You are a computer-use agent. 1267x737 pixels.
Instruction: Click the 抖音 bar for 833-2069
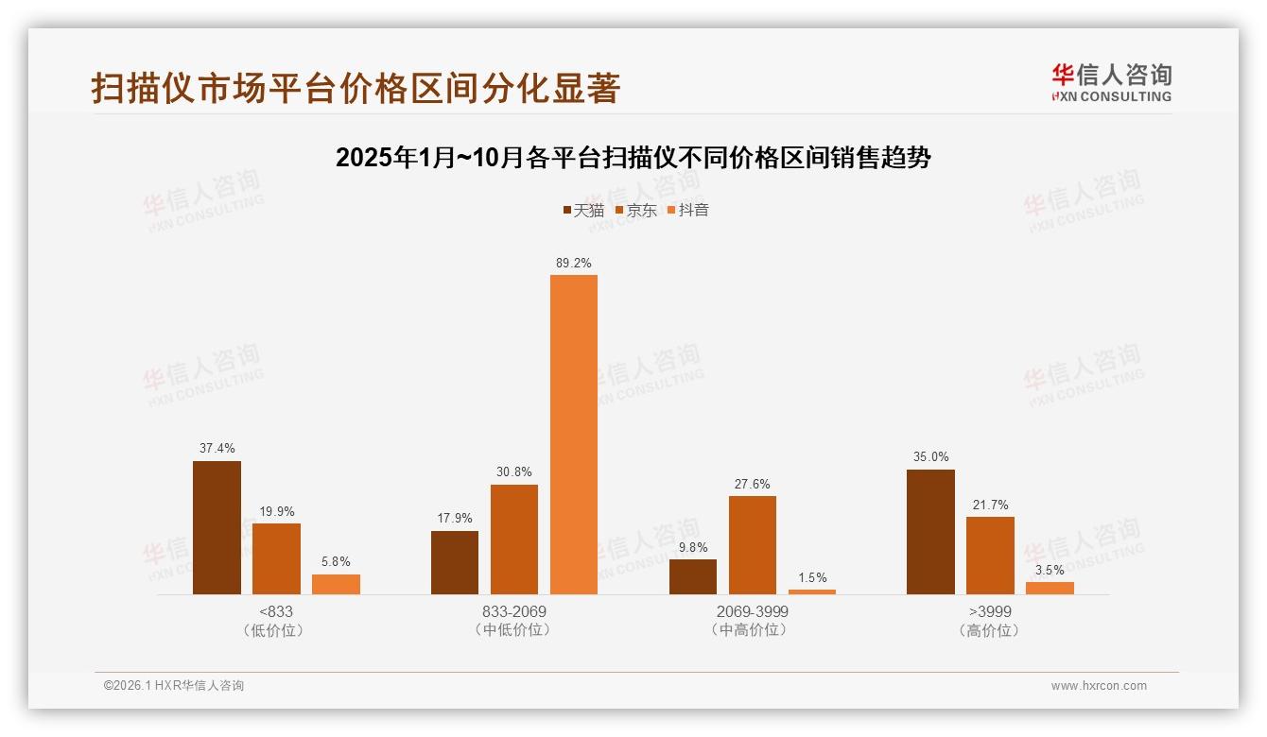(x=574, y=435)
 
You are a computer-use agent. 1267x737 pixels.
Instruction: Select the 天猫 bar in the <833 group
(x=217, y=527)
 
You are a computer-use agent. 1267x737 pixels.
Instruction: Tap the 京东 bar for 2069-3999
(x=752, y=545)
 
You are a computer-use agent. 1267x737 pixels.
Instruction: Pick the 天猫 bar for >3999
(x=930, y=532)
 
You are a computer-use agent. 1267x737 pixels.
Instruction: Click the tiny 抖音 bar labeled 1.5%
(x=811, y=591)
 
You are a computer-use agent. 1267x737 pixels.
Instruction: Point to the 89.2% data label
(x=574, y=264)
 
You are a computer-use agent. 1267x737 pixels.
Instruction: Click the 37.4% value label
(x=217, y=449)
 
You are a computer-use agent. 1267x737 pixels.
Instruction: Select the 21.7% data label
(x=990, y=506)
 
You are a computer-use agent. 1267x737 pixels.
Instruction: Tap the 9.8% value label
(x=692, y=547)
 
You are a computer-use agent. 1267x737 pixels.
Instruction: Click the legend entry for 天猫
(x=583, y=211)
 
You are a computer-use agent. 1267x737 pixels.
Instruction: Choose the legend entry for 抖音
(x=688, y=211)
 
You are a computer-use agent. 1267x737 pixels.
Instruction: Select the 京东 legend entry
(x=635, y=211)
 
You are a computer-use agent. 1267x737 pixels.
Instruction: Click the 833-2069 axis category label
(x=514, y=611)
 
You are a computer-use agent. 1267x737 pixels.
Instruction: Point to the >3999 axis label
(x=990, y=611)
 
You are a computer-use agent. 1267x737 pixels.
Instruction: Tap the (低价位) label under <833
(x=275, y=630)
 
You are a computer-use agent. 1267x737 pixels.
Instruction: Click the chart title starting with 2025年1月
(x=633, y=158)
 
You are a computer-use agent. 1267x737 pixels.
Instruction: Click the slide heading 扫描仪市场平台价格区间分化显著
(x=356, y=88)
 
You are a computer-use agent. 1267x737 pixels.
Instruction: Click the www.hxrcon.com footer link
(x=1099, y=686)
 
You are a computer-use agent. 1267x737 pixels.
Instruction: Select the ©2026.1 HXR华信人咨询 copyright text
(x=174, y=686)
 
